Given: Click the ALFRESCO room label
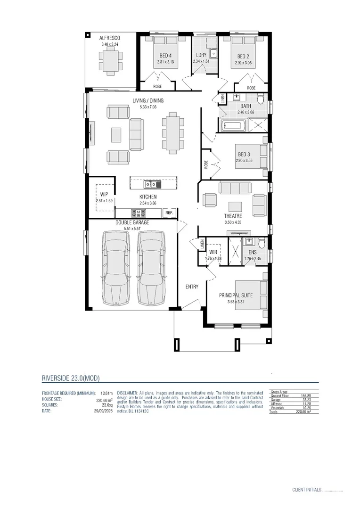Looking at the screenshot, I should pyautogui.click(x=110, y=38).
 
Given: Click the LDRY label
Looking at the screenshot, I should pyautogui.click(x=201, y=55).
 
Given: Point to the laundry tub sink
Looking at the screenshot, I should pyautogui.click(x=213, y=53).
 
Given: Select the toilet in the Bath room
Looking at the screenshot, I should pyautogui.click(x=261, y=99).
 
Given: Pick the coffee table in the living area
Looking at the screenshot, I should pyautogui.click(x=115, y=135).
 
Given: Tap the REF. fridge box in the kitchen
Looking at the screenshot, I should pyautogui.click(x=169, y=213).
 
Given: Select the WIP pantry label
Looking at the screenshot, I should pyautogui.click(x=104, y=194).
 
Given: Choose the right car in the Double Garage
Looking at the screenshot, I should pyautogui.click(x=151, y=269).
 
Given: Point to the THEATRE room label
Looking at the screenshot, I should pyautogui.click(x=233, y=216).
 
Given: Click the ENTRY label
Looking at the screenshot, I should pyautogui.click(x=192, y=287).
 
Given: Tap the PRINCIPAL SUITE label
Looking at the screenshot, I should pyautogui.click(x=236, y=296).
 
